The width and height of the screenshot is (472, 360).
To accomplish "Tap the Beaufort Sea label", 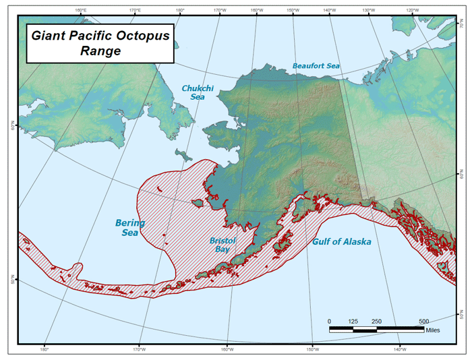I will (x=316, y=66).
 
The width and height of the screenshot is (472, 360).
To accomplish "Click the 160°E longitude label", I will (x=81, y=10).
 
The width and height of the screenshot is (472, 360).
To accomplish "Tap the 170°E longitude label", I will (x=135, y=10).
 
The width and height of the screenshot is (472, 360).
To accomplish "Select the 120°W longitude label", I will (x=411, y=10).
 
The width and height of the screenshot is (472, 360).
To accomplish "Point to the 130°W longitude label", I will (x=368, y=10).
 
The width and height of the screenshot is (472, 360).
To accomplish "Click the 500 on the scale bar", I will (x=423, y=321).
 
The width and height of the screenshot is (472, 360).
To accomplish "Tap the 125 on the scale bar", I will (x=352, y=321).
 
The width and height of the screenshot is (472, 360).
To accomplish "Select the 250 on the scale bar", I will (x=376, y=321).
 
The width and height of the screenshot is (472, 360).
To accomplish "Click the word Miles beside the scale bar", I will (x=436, y=330).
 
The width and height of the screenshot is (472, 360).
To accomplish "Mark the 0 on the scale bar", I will (x=329, y=321).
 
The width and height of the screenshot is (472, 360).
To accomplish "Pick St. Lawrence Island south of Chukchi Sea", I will (x=182, y=154).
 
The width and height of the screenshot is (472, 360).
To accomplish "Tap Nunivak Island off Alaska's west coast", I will (x=198, y=202).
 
